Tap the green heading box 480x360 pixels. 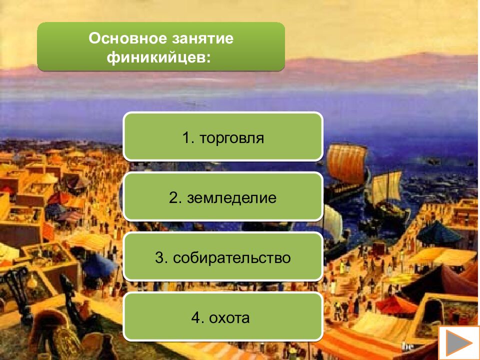(x=161, y=46)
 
